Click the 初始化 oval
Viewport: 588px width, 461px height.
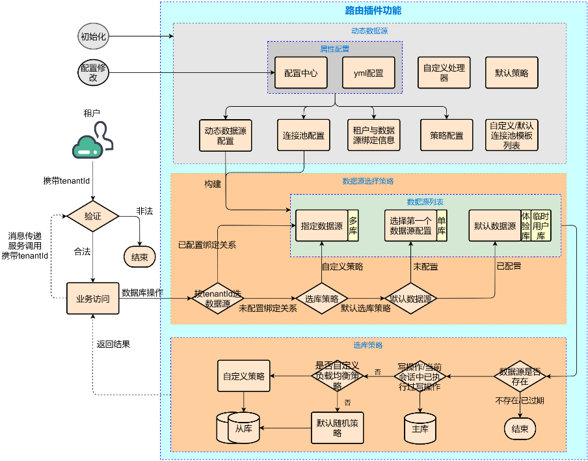coord(92,36)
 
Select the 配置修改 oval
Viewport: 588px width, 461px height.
coord(92,72)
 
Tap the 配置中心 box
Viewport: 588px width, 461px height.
coord(301,73)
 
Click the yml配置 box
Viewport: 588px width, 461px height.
coord(368,73)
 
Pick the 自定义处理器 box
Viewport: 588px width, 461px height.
coord(444,72)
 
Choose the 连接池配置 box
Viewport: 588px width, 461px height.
coord(303,135)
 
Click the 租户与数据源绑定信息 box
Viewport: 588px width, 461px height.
coord(373,135)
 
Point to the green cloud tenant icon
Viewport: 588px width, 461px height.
coord(92,144)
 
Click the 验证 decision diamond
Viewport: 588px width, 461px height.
coord(92,216)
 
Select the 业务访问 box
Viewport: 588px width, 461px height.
coord(92,299)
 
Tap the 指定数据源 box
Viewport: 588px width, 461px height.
coord(321,226)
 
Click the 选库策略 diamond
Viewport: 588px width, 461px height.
coord(321,299)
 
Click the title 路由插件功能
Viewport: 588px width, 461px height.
coord(373,10)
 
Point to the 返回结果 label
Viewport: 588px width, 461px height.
coord(113,344)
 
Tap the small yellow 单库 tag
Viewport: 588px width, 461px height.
coord(442,226)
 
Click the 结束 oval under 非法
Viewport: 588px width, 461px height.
coord(139,257)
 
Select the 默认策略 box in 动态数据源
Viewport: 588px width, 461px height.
coord(512,72)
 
